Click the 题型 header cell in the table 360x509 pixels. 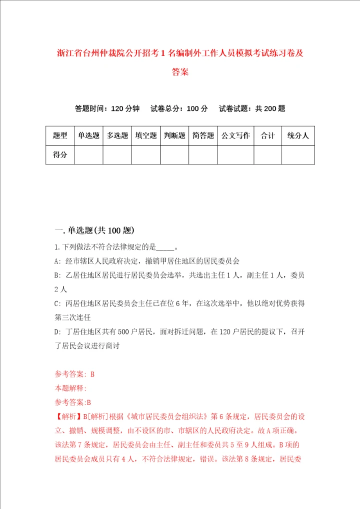pos(60,135)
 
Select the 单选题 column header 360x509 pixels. pos(88,135)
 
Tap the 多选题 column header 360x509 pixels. pos(117,135)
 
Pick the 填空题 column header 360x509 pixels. pos(146,135)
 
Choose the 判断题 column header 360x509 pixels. pos(174,135)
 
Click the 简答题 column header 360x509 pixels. pos(203,135)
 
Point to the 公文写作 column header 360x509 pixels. pos(235,135)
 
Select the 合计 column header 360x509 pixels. pos(267,135)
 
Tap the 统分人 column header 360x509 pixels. pos(298,135)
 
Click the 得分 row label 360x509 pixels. pos(60,154)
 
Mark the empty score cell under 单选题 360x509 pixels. pos(88,154)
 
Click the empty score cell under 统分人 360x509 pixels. pos(298,154)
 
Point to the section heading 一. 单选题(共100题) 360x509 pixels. pos(94,230)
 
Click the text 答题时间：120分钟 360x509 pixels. pos(107,108)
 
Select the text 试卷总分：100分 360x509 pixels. pos(179,108)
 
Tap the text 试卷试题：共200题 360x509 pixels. pos(252,108)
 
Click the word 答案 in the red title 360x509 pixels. pos(180,72)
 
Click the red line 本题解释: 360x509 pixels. pos(70,387)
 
